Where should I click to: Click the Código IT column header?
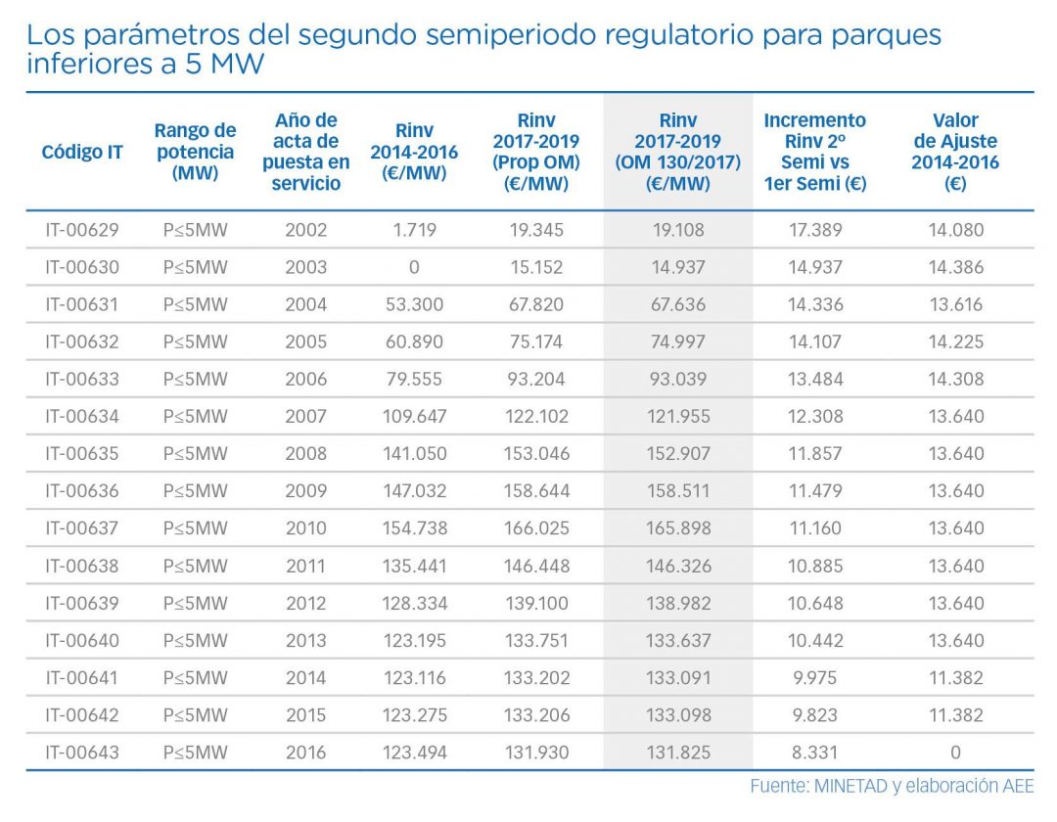82,153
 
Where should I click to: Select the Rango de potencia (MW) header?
195,152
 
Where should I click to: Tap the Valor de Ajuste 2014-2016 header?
955,152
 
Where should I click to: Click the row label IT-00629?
82,231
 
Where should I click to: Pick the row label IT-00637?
82,528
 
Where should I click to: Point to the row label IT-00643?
82,753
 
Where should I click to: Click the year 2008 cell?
305,454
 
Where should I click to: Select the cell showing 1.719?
414,231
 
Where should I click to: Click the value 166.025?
535,528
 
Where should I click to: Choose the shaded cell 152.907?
677,454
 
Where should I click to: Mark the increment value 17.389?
814,231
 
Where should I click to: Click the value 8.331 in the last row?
814,753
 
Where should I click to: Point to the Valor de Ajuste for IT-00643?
955,753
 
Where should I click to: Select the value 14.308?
955,380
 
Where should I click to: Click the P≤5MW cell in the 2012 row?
195,603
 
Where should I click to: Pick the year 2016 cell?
305,753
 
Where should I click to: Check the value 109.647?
408,417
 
